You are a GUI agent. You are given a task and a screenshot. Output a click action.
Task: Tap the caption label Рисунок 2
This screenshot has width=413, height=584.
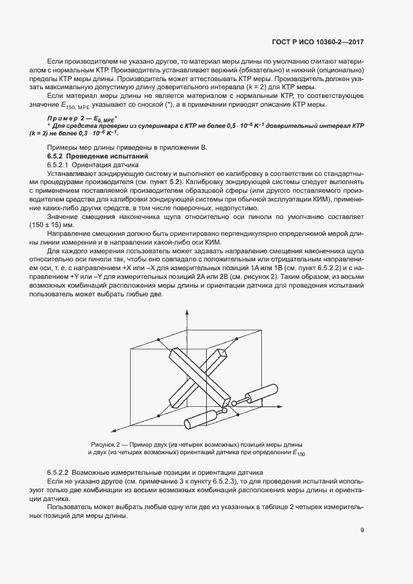click(x=107, y=443)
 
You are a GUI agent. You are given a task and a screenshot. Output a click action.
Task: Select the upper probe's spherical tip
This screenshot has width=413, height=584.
click(x=234, y=404)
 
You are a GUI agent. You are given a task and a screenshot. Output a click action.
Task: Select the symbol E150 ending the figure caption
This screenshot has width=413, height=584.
click(x=299, y=452)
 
